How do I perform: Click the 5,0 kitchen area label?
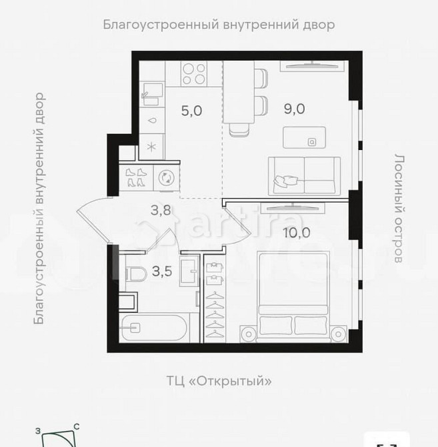191,111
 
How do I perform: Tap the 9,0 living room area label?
294,109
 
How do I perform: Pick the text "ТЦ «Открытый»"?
219,381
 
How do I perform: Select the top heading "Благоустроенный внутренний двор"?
218,25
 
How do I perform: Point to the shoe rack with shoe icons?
136,178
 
